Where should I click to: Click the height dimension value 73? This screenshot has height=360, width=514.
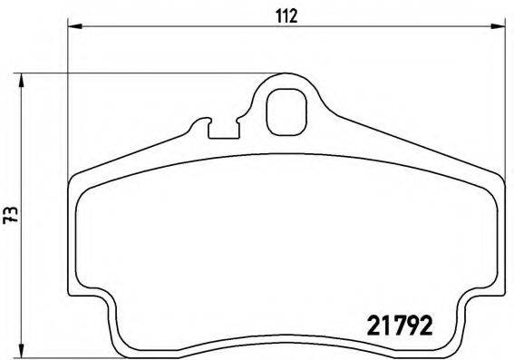pyautogui.click(x=11, y=214)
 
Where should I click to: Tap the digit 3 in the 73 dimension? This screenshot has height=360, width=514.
pyautogui.click(x=11, y=209)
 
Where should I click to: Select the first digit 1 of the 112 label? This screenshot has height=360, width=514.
pyautogui.click(x=277, y=15)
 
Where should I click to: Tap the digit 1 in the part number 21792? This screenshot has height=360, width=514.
pyautogui.click(x=384, y=323)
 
